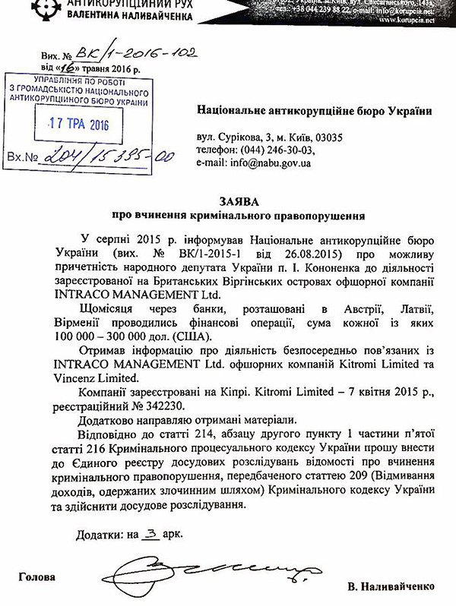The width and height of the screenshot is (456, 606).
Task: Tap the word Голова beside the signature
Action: (38, 577)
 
